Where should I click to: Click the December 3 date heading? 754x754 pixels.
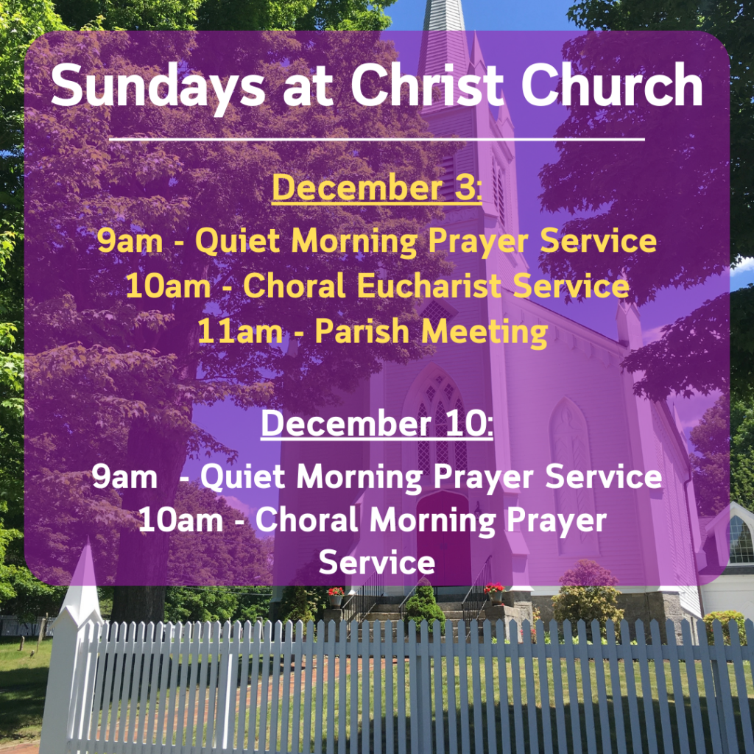376,188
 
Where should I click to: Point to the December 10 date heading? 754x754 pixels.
377,423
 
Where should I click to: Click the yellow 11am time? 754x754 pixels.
240,331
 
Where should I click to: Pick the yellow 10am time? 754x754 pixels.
169,286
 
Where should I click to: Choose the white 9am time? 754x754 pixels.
124,477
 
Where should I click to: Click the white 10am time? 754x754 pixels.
181,521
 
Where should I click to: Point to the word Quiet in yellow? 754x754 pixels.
238,241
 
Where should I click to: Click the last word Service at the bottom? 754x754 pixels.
377,563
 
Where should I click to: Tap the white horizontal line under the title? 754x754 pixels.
377,140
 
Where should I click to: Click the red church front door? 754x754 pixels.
443,541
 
